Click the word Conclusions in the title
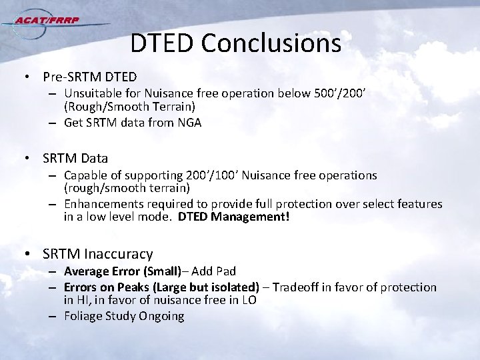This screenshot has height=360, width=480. pyautogui.click(x=271, y=43)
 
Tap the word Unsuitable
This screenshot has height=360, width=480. pyautogui.click(x=93, y=95)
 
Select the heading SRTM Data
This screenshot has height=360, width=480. pyautogui.click(x=75, y=159)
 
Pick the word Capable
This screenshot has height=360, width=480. pyautogui.click(x=85, y=176)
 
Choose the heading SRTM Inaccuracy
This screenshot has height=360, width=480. pyautogui.click(x=97, y=254)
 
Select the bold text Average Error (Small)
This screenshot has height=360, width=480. pyautogui.click(x=122, y=271)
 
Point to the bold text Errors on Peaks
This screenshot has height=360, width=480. pyautogui.click(x=105, y=287)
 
